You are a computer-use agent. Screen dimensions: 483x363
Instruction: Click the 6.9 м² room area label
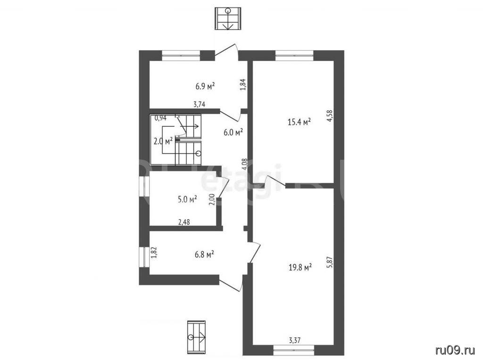tap(205, 86)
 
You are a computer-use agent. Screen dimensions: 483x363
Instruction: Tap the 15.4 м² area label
tap(299, 122)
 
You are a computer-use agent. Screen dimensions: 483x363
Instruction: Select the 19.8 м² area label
tap(300, 267)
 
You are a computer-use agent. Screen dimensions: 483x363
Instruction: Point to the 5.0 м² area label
tap(187, 199)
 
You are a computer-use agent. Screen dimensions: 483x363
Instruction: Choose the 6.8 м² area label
tap(205, 255)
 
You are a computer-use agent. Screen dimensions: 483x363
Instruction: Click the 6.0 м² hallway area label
tap(233, 132)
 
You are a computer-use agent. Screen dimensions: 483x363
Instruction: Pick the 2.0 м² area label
tap(163, 141)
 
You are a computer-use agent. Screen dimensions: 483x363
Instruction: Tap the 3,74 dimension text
tap(200, 104)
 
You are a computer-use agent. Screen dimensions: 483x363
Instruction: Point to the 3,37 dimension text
tap(294, 340)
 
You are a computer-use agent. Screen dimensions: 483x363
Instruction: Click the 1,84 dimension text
tap(243, 85)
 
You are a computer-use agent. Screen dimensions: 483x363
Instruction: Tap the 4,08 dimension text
tap(245, 164)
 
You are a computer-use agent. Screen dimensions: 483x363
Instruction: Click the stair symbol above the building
tap(228, 19)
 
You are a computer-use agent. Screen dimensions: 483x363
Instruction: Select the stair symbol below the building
tap(196, 337)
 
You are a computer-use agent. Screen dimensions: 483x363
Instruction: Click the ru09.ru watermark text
tap(455, 350)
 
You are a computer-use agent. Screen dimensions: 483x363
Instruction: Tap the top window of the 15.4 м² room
tap(294, 56)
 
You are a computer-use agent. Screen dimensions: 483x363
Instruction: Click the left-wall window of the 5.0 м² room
tap(144, 186)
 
